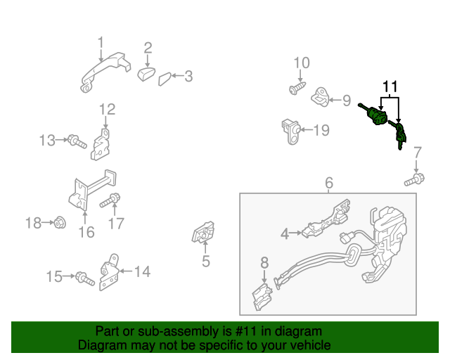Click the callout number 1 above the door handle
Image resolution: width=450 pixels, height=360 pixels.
click(100, 43)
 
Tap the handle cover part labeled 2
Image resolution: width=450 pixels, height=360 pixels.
click(146, 74)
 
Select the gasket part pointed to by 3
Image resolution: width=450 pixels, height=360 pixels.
click(165, 79)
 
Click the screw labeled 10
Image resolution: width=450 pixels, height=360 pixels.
click(297, 88)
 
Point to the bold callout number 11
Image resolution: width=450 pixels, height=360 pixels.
click(390, 86)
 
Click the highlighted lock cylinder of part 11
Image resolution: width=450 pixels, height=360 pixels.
click(373, 114)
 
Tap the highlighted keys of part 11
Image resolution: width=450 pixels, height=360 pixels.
click(398, 134)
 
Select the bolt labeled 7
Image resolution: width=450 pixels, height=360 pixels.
click(414, 180)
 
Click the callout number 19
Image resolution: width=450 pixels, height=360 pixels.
click(321, 130)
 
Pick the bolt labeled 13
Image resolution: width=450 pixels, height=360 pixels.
click(77, 141)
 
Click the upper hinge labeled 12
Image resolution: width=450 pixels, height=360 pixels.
click(101, 145)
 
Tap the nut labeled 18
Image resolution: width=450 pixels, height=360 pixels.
click(60, 222)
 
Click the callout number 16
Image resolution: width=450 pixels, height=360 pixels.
click(86, 232)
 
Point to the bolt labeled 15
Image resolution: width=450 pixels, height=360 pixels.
click(85, 278)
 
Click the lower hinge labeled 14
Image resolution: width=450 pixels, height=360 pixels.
click(109, 272)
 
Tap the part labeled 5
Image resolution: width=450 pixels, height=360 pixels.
click(203, 232)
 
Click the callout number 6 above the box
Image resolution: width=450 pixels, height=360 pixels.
click(329, 183)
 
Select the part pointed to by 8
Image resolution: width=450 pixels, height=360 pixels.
click(262, 297)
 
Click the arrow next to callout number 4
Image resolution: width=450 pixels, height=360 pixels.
click(295, 233)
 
